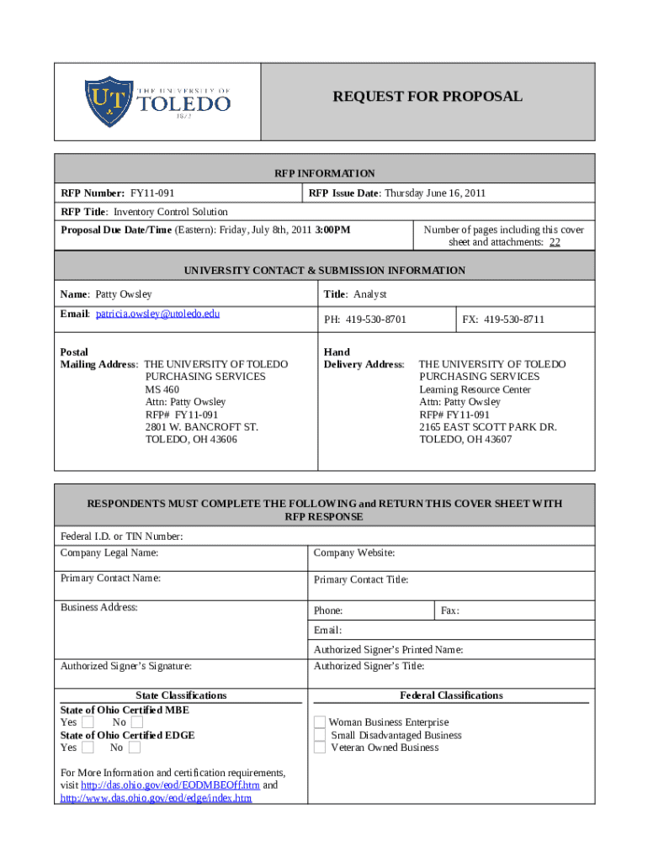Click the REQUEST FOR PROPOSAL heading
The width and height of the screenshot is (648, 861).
428,97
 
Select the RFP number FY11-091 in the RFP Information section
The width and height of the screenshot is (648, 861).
152,193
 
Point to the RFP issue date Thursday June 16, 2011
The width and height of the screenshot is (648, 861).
435,193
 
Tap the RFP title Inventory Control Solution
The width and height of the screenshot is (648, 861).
171,212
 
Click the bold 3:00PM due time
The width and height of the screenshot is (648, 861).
332,230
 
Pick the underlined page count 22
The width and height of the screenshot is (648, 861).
555,242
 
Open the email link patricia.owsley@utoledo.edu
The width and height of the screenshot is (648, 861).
157,314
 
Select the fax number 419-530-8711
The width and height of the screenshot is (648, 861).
513,320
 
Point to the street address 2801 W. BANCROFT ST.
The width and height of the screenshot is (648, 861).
202,427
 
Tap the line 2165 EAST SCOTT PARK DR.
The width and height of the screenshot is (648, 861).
488,427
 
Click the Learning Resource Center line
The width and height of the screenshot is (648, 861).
475,389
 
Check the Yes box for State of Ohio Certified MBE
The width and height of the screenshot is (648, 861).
88,722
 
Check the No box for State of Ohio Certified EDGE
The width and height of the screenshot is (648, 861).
134,747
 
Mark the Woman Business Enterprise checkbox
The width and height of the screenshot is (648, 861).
320,722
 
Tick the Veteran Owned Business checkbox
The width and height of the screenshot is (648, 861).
320,747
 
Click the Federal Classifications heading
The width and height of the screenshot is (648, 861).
451,695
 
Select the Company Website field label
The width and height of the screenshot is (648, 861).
354,553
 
